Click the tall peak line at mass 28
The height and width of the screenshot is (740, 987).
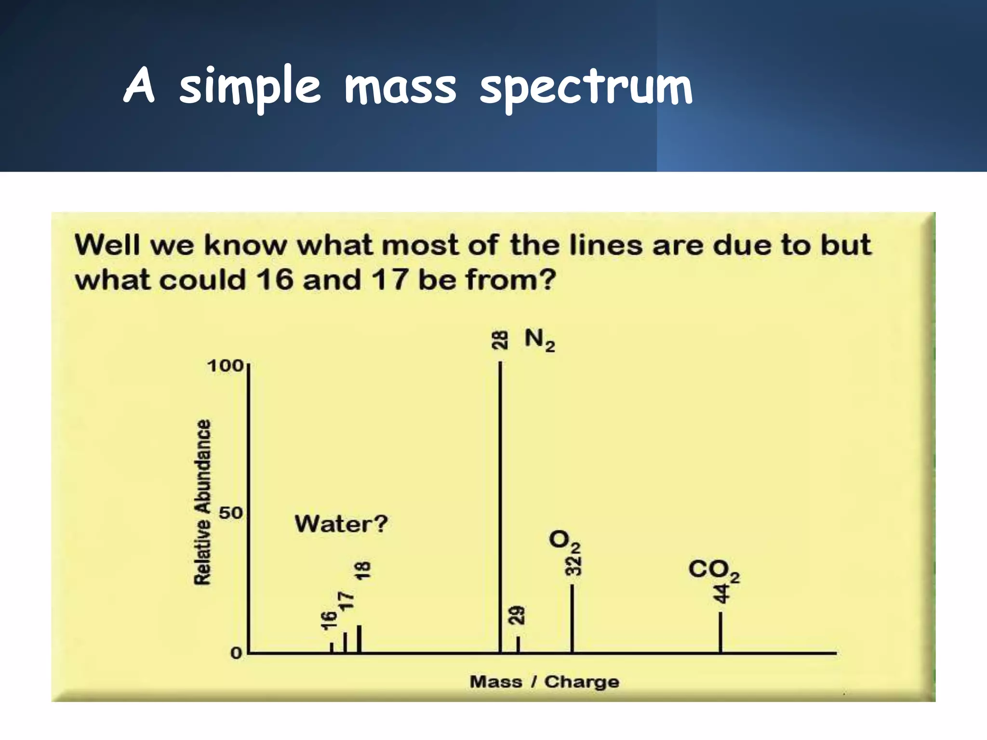(x=500, y=506)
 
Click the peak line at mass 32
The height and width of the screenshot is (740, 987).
(x=572, y=619)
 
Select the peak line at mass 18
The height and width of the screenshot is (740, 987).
(x=359, y=639)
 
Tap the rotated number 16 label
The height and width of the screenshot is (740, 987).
(x=329, y=620)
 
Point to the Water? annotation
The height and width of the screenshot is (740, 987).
(x=341, y=524)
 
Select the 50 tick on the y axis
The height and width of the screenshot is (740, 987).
(x=231, y=513)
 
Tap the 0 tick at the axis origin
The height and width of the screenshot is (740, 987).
(x=236, y=654)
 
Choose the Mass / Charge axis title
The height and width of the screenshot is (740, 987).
(x=544, y=682)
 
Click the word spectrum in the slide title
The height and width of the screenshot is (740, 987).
(x=586, y=88)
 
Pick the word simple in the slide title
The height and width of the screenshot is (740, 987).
(x=249, y=88)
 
